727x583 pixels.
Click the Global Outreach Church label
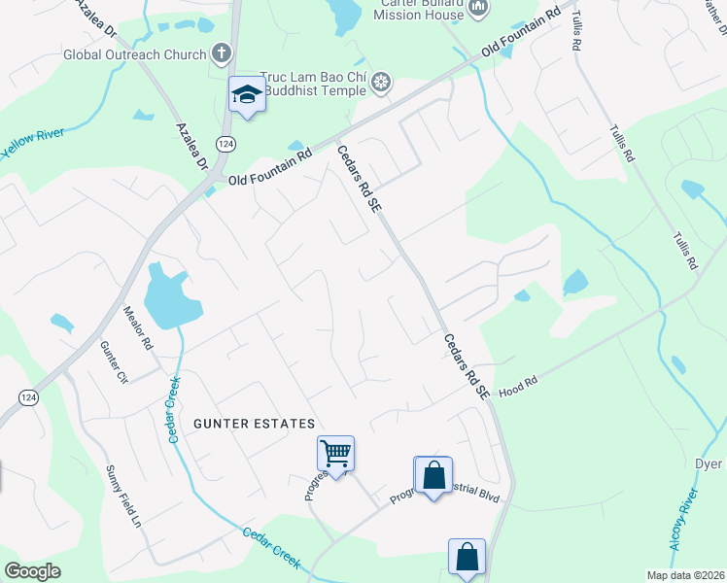click(x=134, y=53)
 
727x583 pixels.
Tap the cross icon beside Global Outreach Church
click(x=222, y=52)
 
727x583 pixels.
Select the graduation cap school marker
click(x=247, y=94)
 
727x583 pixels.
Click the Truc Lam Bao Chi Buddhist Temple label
click(x=313, y=85)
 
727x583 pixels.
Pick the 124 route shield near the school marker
click(x=225, y=144)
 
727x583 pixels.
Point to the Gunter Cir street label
click(x=114, y=360)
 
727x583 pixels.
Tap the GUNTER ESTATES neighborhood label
click(x=255, y=424)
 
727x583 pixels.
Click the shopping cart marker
click(x=335, y=452)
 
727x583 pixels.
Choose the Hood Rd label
click(x=518, y=388)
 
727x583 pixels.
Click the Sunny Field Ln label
click(x=124, y=496)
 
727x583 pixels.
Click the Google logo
click(x=33, y=571)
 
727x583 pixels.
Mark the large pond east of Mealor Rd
click(x=170, y=297)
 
